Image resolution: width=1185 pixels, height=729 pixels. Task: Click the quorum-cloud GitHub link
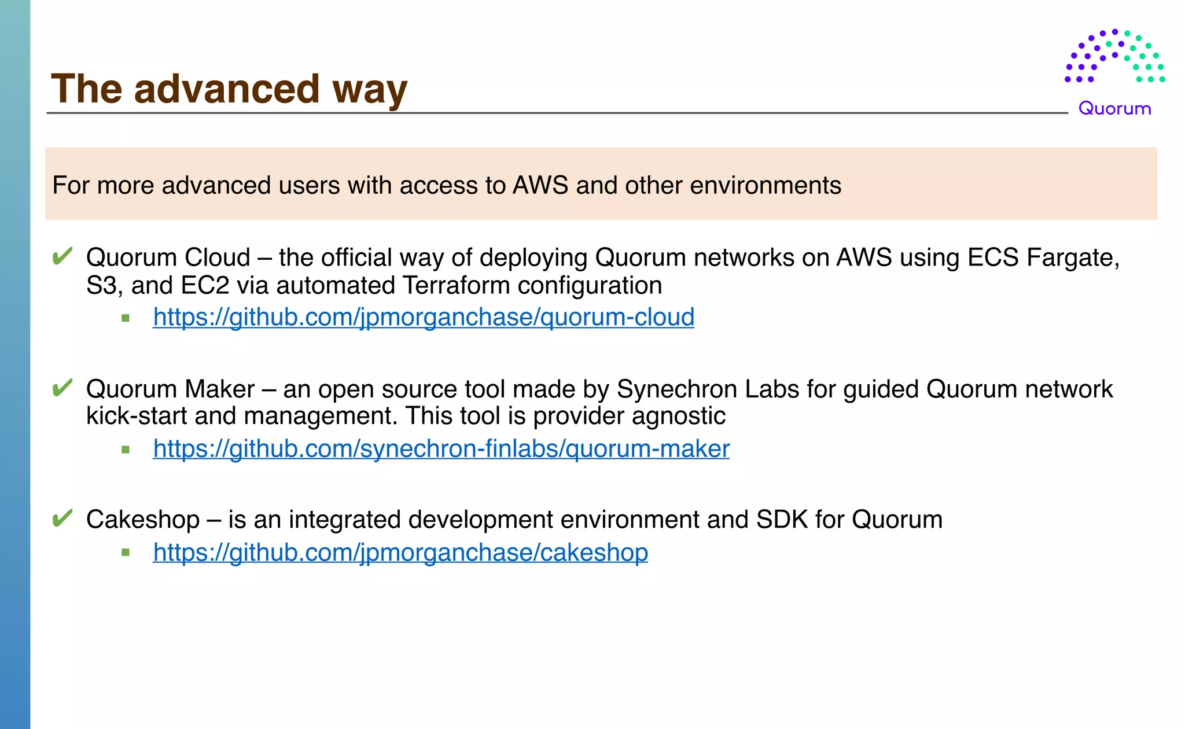point(423,317)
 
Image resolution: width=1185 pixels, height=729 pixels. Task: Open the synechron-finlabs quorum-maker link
point(441,448)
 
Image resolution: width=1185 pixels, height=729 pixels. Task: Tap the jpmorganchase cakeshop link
point(400,552)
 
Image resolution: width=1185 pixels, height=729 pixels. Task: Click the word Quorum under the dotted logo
point(1114,109)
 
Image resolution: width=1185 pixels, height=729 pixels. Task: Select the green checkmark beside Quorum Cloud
point(62,256)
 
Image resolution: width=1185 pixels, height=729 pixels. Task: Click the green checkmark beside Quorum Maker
point(62,388)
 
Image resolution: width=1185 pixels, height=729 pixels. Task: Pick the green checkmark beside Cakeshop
point(62,518)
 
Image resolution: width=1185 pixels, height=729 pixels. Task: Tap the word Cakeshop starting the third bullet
point(143,519)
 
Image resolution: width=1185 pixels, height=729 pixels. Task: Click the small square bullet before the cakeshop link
point(126,553)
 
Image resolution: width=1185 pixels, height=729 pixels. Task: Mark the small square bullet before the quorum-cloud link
point(126,318)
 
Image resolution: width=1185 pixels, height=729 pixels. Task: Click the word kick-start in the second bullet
point(137,416)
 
